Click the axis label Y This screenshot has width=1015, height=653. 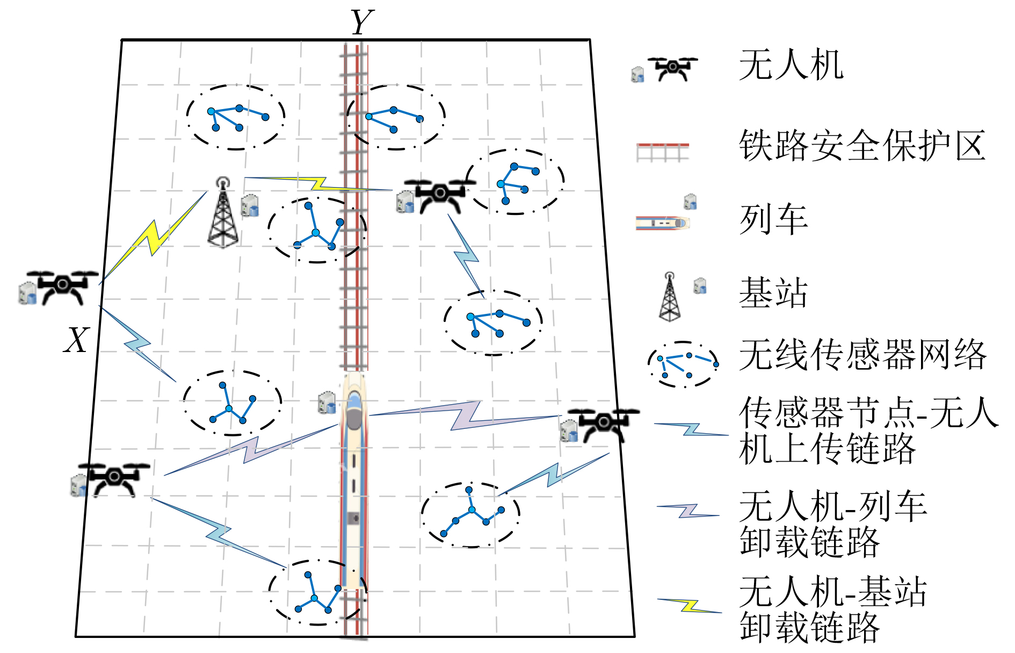point(362,23)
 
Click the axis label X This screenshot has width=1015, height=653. point(77,340)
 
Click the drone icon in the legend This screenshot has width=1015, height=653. point(672,68)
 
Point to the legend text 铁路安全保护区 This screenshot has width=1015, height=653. point(861,146)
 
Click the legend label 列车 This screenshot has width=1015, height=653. point(773,220)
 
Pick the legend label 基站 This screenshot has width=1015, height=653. point(773,293)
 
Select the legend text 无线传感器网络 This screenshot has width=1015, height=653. point(862,355)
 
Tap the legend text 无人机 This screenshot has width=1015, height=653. point(791,65)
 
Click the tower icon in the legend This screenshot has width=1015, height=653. point(669,297)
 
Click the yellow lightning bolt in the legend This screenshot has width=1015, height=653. point(690,606)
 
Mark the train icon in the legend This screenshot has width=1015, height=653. point(662,223)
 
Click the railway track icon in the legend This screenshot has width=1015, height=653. point(662,152)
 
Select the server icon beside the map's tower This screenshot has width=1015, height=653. point(250,205)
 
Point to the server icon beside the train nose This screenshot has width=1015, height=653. point(327,403)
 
